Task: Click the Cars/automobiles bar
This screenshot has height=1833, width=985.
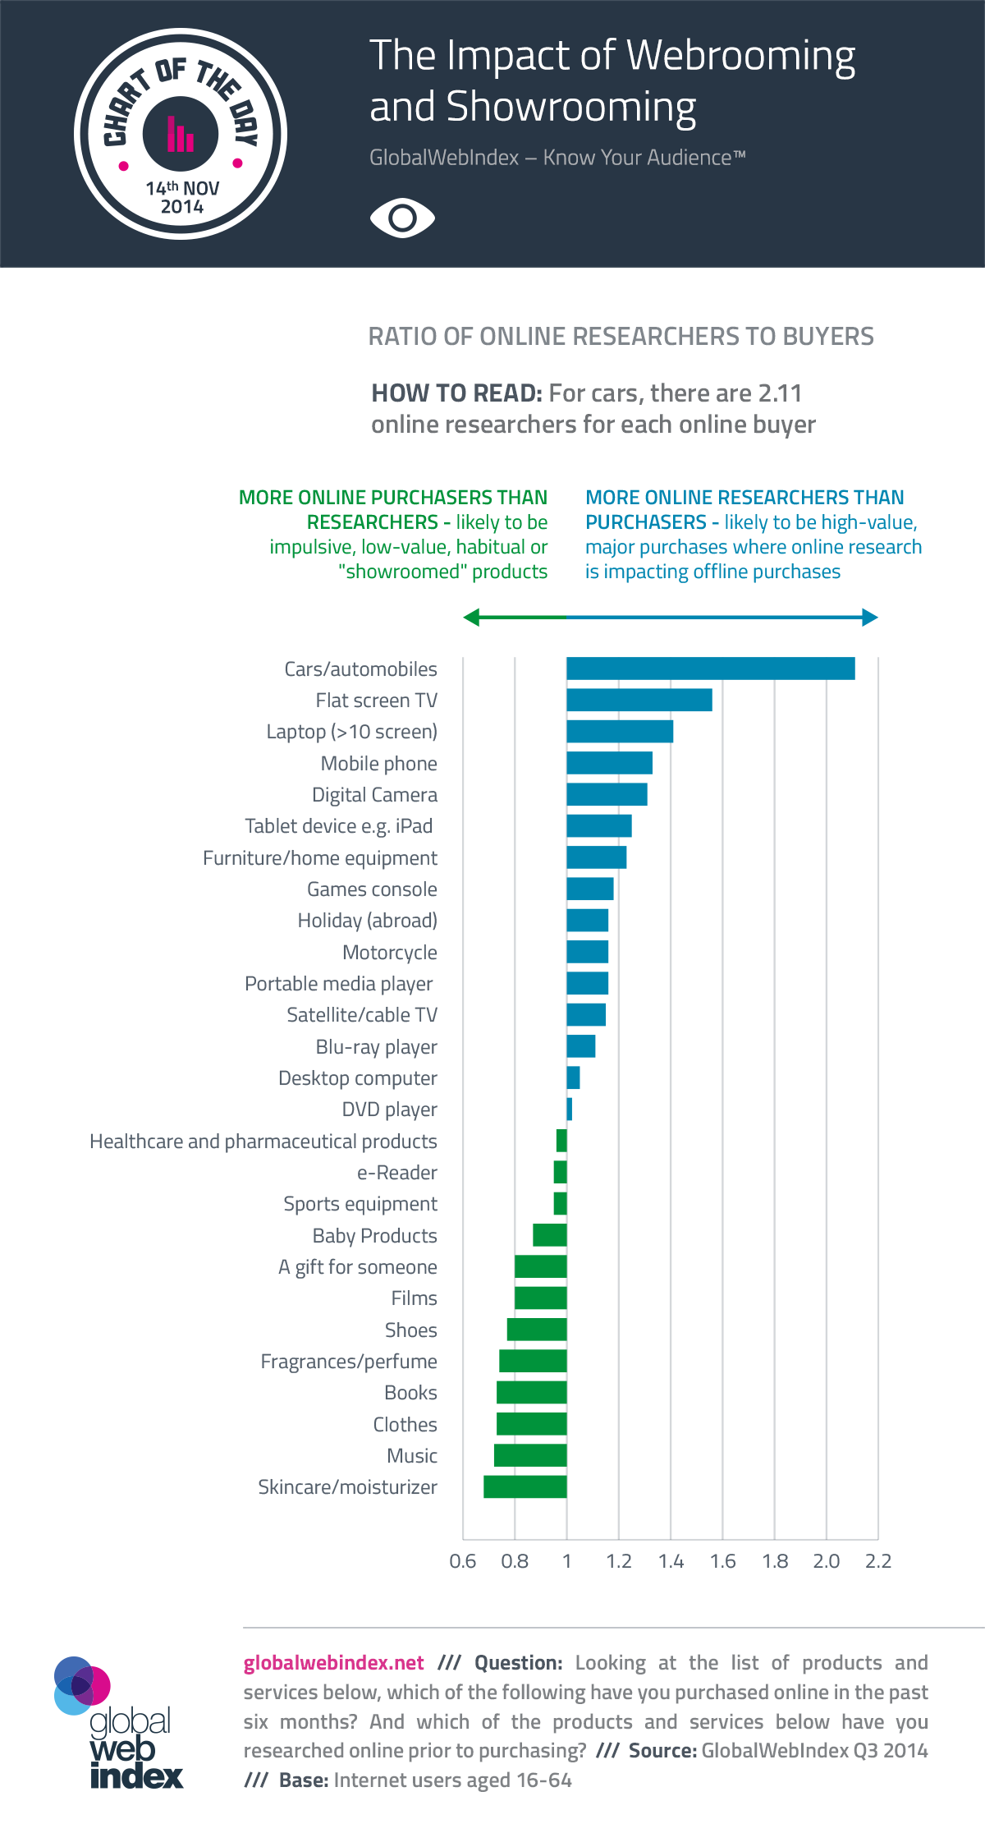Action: point(710,668)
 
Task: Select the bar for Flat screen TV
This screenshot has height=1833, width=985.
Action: point(639,700)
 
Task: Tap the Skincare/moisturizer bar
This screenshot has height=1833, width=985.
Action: point(525,1486)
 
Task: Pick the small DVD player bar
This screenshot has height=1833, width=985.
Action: point(570,1109)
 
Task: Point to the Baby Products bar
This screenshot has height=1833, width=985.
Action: point(549,1235)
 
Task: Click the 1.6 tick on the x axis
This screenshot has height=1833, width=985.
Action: point(723,1561)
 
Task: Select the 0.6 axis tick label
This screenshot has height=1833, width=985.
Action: point(463,1561)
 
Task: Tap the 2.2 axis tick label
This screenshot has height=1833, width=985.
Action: point(878,1561)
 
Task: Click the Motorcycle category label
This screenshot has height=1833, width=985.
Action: point(390,953)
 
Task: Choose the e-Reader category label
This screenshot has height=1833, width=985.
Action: point(397,1173)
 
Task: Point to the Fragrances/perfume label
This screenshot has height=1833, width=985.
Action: point(349,1362)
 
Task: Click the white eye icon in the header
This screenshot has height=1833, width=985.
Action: point(402,218)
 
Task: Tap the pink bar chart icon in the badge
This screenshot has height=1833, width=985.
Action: point(181,134)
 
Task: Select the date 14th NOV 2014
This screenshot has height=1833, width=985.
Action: point(182,197)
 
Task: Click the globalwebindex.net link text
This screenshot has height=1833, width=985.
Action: point(333,1663)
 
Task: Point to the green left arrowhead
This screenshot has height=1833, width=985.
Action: point(471,618)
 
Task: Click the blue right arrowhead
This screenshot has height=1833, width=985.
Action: point(870,618)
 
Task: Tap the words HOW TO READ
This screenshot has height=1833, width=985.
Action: point(456,393)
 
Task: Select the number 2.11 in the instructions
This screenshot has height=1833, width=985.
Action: point(780,393)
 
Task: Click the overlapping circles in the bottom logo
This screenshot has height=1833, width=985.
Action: point(81,1685)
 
